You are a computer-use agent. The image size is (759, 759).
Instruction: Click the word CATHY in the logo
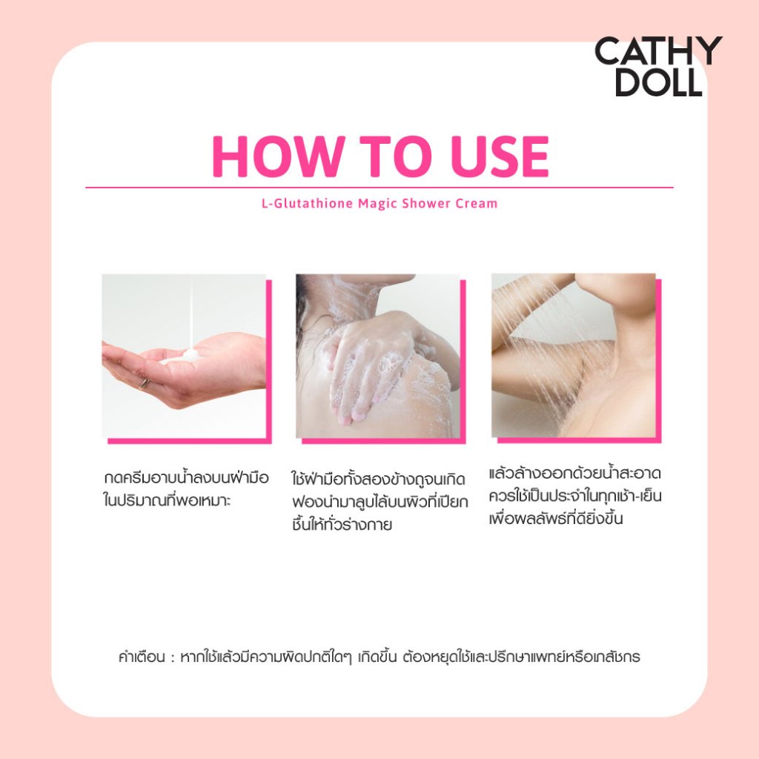pyautogui.click(x=658, y=51)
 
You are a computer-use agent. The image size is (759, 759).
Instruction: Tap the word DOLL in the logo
pyautogui.click(x=659, y=82)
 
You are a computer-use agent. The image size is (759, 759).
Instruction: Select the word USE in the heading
pyautogui.click(x=500, y=156)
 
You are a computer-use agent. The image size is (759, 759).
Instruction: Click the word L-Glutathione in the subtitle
pyautogui.click(x=307, y=203)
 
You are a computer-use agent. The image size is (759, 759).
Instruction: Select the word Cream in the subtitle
pyautogui.click(x=477, y=203)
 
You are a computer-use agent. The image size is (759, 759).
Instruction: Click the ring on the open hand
pyautogui.click(x=145, y=384)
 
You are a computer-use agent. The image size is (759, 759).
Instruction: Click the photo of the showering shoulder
pyautogui.click(x=574, y=356)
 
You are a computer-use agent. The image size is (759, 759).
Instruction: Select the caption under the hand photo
pyautogui.click(x=186, y=489)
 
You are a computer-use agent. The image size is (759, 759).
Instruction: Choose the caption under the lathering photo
pyautogui.click(x=379, y=502)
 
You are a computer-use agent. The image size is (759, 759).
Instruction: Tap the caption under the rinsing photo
pyautogui.click(x=575, y=496)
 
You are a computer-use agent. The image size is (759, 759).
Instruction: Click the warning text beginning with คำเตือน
pyautogui.click(x=379, y=657)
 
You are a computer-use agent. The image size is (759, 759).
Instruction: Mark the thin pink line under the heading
pyautogui.click(x=379, y=188)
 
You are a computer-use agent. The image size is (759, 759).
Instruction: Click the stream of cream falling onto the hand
pyautogui.click(x=191, y=314)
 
